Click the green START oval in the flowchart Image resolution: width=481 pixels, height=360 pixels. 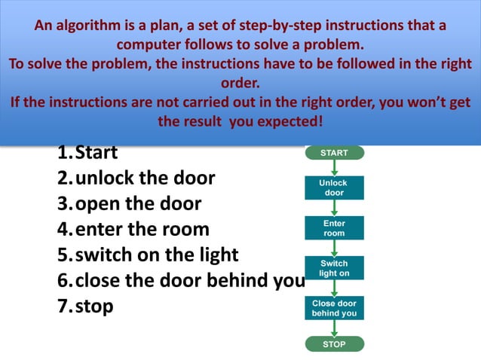pos(334,153)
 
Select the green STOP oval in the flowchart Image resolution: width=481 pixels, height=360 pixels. pos(334,344)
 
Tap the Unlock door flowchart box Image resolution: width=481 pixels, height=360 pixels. pos(334,188)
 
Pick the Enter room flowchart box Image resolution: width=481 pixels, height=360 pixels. pos(334,228)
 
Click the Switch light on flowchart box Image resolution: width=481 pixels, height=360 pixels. pos(334,268)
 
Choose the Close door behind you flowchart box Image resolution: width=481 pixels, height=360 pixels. pos(334,308)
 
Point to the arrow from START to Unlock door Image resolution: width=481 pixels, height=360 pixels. pos(334,168)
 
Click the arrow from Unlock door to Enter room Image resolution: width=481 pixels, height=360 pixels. pos(334,208)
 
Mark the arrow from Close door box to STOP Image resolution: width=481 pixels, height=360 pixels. pos(334,328)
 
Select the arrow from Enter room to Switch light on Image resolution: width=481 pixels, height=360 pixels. pos(334,248)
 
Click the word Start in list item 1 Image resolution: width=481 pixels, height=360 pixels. pos(97,153)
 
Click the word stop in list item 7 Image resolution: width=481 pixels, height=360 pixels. pos(94,307)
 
